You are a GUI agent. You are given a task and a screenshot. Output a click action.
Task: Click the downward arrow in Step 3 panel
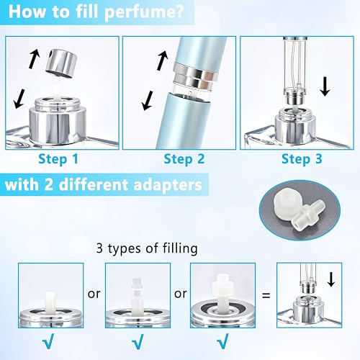pos(325,87)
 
